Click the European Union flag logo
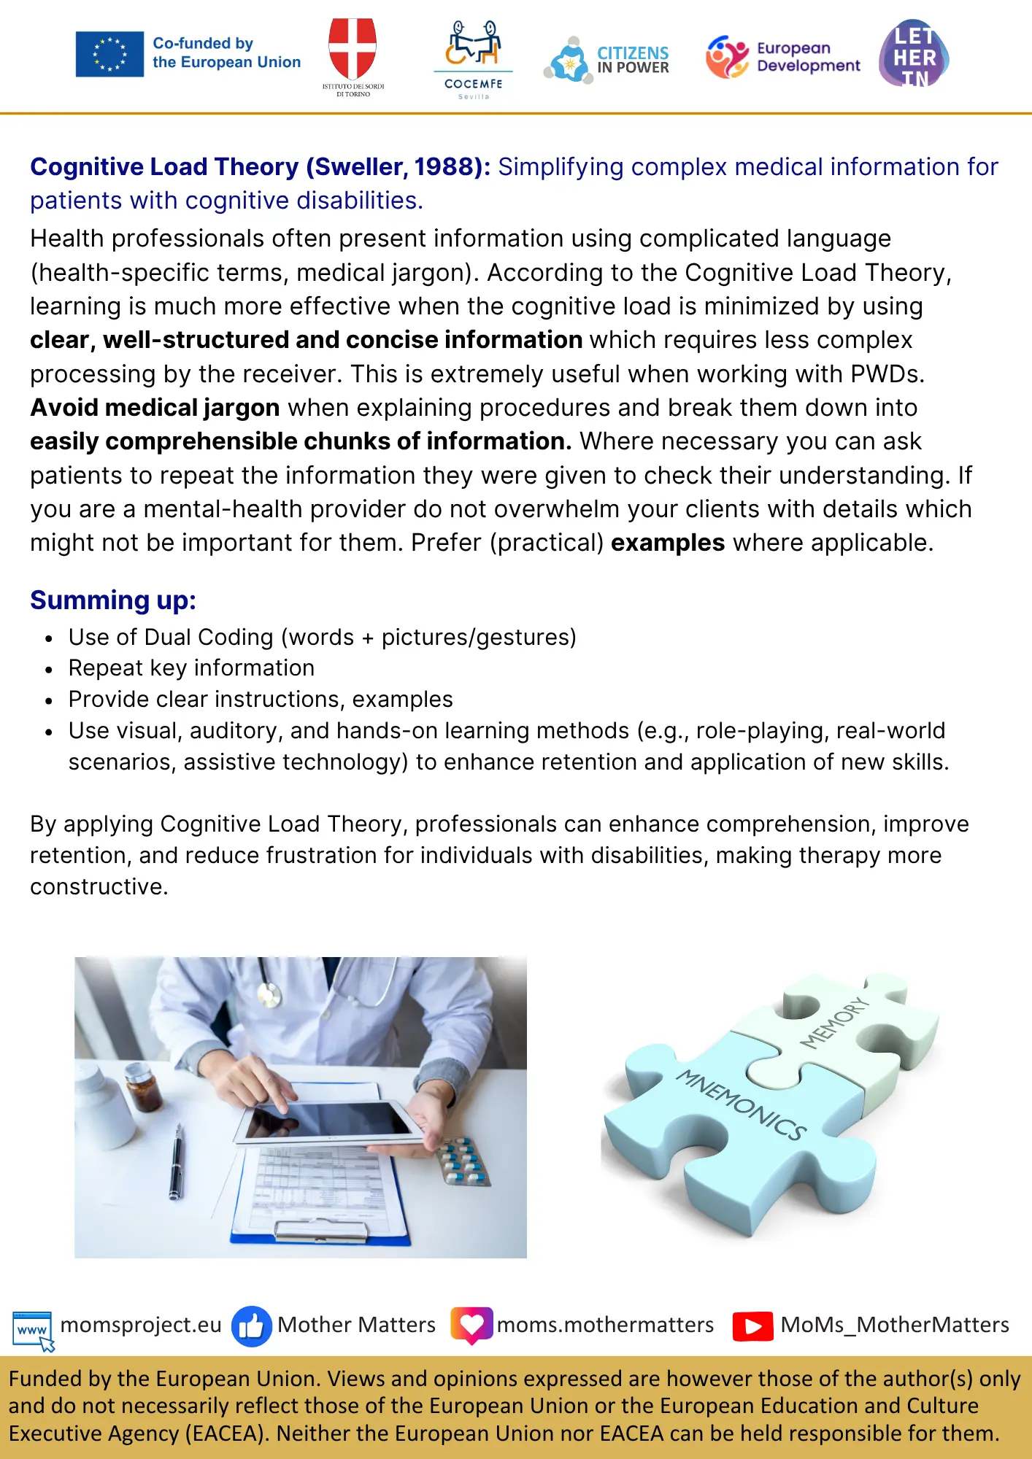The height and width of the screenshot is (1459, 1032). pyautogui.click(x=109, y=54)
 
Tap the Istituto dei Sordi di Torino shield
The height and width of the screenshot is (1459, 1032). pyautogui.click(x=353, y=47)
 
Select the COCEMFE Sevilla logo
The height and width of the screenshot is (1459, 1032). pyautogui.click(x=473, y=59)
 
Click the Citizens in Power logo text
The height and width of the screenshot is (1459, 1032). pyautogui.click(x=633, y=60)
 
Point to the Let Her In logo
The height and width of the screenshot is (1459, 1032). pyautogui.click(x=914, y=54)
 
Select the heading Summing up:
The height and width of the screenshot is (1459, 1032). pyautogui.click(x=113, y=600)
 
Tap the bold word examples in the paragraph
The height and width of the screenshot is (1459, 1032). pyautogui.click(x=667, y=543)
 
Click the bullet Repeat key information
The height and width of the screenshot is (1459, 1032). pyautogui.click(x=191, y=667)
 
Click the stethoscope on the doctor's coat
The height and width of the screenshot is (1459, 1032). pyautogui.click(x=269, y=992)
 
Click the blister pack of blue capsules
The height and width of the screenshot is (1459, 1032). pyautogui.click(x=463, y=1160)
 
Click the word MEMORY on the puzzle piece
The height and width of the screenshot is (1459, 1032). pyautogui.click(x=835, y=1023)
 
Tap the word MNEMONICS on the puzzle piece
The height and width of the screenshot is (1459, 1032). pyautogui.click(x=740, y=1104)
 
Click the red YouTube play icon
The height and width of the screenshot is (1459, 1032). pyautogui.click(x=752, y=1326)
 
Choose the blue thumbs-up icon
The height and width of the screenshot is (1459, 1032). pyautogui.click(x=251, y=1326)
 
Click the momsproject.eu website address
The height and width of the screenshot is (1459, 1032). pyautogui.click(x=140, y=1325)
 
